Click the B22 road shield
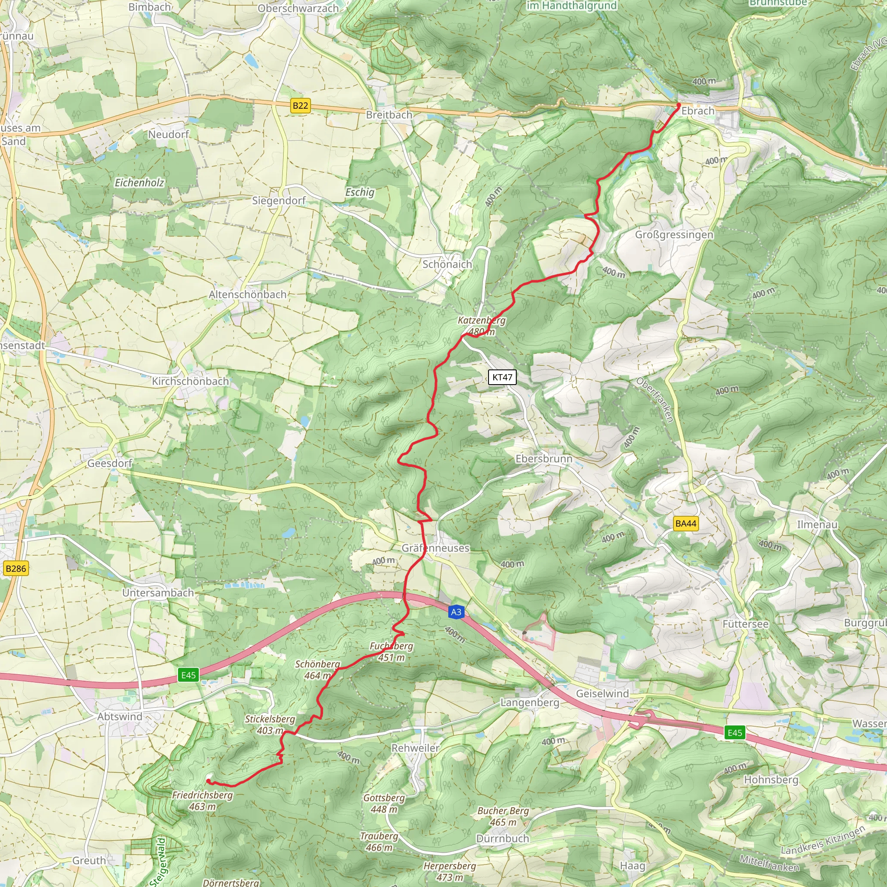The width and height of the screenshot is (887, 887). (x=301, y=106)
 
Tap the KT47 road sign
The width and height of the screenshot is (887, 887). (x=502, y=377)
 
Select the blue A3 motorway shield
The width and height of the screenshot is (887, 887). (x=456, y=612)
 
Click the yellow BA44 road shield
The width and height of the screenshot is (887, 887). (x=686, y=523)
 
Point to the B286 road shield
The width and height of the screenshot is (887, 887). (x=16, y=568)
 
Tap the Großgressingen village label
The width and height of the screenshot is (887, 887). (x=674, y=235)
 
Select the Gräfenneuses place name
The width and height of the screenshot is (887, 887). (x=435, y=548)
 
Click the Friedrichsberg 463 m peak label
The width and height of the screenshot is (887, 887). (x=202, y=801)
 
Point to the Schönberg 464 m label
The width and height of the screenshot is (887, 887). (x=318, y=670)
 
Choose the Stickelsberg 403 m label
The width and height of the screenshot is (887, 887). (x=270, y=725)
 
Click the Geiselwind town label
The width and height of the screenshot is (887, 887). (x=602, y=694)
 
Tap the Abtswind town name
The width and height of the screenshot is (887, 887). (x=120, y=717)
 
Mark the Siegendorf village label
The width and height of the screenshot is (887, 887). (x=278, y=201)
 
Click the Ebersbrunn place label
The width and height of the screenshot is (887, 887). (x=544, y=459)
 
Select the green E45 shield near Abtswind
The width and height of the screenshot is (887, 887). (x=189, y=675)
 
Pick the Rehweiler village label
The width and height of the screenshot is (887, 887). (x=415, y=748)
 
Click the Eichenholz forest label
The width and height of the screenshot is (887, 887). (x=139, y=183)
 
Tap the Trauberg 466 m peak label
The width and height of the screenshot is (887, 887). (x=379, y=842)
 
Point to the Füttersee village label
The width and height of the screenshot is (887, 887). (x=745, y=624)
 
